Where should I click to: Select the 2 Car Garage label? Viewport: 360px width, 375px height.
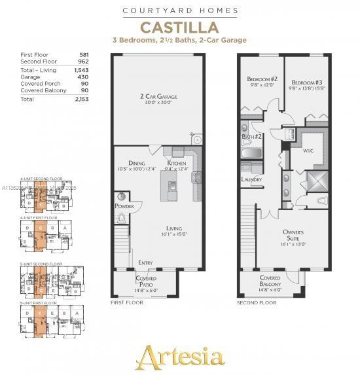pos(159,97)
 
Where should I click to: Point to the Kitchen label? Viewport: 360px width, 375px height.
pos(177,163)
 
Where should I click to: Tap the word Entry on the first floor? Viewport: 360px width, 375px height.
pos(145,262)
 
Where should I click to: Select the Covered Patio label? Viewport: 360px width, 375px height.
pos(145,281)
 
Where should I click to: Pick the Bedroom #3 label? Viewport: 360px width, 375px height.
pos(307,82)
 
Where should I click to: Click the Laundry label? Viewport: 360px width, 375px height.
pos(251,179)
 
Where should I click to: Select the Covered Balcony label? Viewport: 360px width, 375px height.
pos(270,281)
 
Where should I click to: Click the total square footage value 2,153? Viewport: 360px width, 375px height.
pos(82,99)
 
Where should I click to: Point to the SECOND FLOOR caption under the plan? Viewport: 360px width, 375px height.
pos(257,303)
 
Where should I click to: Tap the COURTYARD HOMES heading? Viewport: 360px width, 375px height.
pos(180,10)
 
